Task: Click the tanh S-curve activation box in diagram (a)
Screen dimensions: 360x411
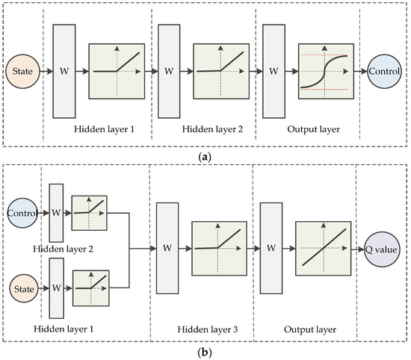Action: click(324, 72)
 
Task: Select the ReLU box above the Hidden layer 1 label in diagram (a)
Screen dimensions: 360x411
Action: click(116, 72)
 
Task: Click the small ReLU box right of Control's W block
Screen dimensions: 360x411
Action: click(89, 211)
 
